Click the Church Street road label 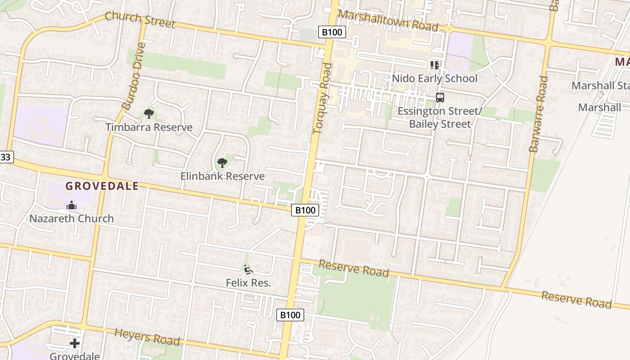(x=139, y=20)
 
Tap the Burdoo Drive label (x=134, y=76)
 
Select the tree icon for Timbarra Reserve (x=149, y=114)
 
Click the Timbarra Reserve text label (x=149, y=127)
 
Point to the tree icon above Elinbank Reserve (x=222, y=162)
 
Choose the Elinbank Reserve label (x=222, y=176)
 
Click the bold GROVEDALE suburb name (x=102, y=186)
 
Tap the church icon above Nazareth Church (x=72, y=206)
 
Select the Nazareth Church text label (x=72, y=219)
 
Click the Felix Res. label (x=248, y=283)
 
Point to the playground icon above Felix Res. (x=248, y=269)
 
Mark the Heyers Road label (x=147, y=337)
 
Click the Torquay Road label (x=322, y=99)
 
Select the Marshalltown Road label (x=388, y=21)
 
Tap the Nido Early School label (x=434, y=78)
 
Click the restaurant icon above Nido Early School (x=434, y=65)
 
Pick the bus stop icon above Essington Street (x=440, y=97)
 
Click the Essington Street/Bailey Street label (x=440, y=117)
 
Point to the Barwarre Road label (x=539, y=113)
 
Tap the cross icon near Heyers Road (x=75, y=344)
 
